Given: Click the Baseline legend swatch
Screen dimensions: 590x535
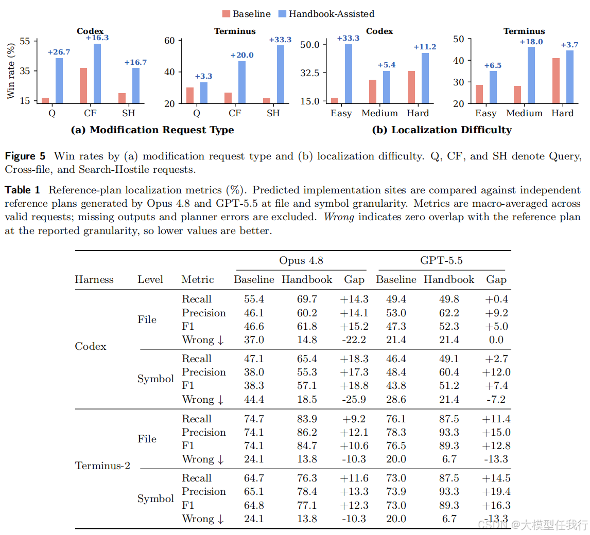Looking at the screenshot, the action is pyautogui.click(x=226, y=14).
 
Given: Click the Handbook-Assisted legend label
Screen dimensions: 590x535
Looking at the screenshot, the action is pyautogui.click(x=332, y=14).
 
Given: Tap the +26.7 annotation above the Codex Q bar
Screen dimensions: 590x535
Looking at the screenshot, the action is pyautogui.click(x=59, y=52).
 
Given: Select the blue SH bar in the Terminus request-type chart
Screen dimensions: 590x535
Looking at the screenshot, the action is pyautogui.click(x=281, y=75).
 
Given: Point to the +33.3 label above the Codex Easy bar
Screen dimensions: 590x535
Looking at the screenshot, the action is pyautogui.click(x=348, y=38).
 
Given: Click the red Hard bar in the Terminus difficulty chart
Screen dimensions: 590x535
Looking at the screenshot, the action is pyautogui.click(x=556, y=81).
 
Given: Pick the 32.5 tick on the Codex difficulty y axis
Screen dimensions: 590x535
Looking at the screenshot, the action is pyautogui.click(x=310, y=73).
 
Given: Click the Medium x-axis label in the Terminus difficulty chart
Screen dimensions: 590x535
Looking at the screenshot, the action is pyautogui.click(x=524, y=113).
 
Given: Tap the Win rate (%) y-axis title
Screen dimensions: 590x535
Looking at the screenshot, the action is pyautogui.click(x=11, y=71).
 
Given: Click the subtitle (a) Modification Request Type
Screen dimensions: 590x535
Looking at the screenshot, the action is pyautogui.click(x=152, y=130).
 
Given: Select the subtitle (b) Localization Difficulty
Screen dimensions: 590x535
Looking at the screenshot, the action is pyautogui.click(x=442, y=130).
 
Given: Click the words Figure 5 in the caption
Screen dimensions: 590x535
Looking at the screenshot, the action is pyautogui.click(x=25, y=156).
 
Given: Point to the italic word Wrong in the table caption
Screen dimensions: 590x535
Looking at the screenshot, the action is pyautogui.click(x=339, y=217).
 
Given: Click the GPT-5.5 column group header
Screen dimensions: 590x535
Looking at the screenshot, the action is pyautogui.click(x=441, y=260).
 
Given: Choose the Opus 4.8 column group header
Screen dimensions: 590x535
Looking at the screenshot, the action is pyautogui.click(x=301, y=260).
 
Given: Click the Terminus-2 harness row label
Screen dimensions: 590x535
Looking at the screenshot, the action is pyautogui.click(x=102, y=466).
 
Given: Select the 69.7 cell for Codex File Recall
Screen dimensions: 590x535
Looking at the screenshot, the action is pyautogui.click(x=307, y=299).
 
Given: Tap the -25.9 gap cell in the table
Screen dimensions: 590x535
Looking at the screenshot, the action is pyautogui.click(x=354, y=399).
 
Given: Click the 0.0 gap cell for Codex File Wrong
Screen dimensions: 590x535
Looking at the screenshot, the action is pyautogui.click(x=496, y=340).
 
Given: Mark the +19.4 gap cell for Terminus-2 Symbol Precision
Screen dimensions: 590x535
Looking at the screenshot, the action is pyautogui.click(x=496, y=492).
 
